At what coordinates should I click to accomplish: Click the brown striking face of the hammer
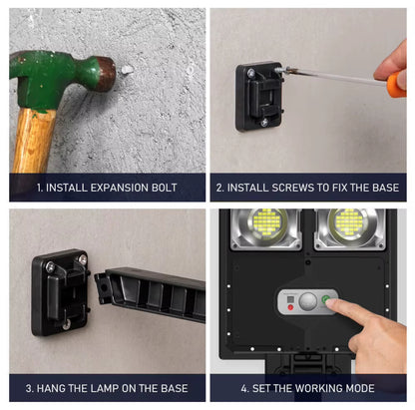click(107, 74)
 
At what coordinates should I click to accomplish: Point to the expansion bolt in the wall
click(127, 70)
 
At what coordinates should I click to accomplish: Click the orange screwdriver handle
click(396, 85)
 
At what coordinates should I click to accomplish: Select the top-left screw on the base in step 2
click(251, 72)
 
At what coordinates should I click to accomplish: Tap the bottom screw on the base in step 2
click(264, 123)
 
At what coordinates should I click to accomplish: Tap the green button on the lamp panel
click(325, 300)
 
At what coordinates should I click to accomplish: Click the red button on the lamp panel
click(290, 307)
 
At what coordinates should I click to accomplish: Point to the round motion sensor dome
click(308, 301)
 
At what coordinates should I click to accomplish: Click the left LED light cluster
click(266, 221)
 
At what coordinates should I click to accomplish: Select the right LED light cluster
click(348, 221)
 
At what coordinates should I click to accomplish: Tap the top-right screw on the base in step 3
click(82, 258)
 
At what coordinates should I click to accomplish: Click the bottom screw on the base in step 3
click(67, 324)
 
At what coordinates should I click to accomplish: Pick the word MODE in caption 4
click(360, 388)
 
